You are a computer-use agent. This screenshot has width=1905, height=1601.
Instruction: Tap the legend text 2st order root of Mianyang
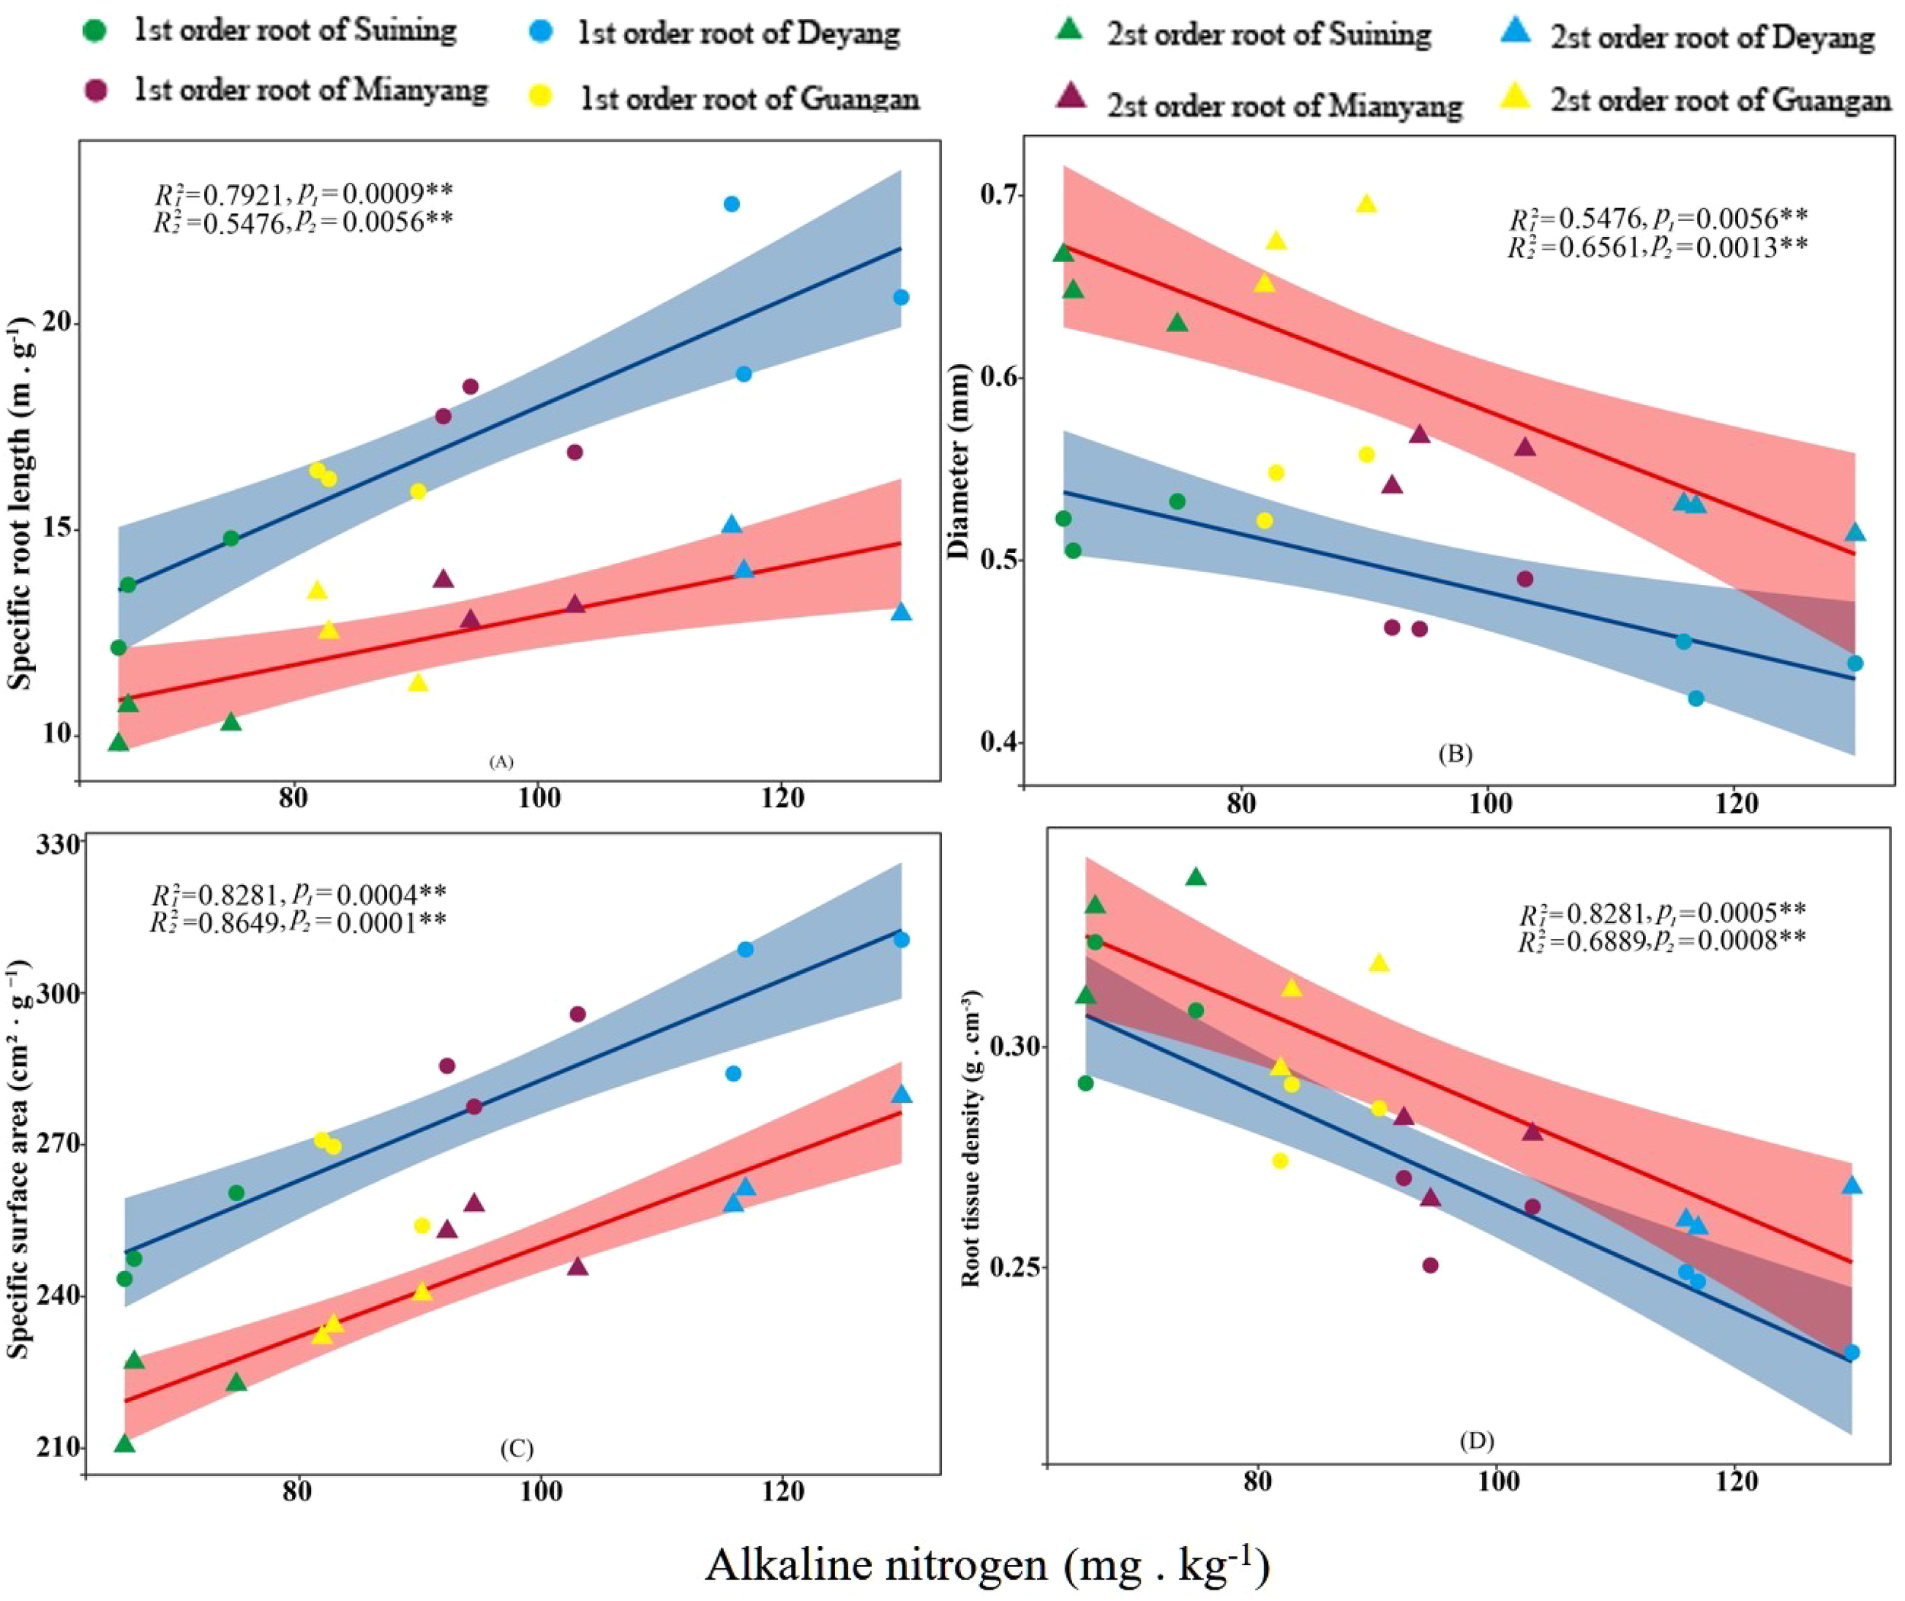[x=1284, y=104]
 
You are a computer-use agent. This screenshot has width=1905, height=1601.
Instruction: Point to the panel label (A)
[x=501, y=762]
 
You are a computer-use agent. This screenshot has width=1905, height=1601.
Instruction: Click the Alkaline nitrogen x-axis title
[x=986, y=1563]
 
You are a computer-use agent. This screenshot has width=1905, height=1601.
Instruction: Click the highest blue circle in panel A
[x=731, y=203]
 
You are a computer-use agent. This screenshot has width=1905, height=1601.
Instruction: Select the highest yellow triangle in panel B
[x=1366, y=203]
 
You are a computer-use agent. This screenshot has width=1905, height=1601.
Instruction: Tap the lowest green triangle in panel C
[x=124, y=1443]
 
